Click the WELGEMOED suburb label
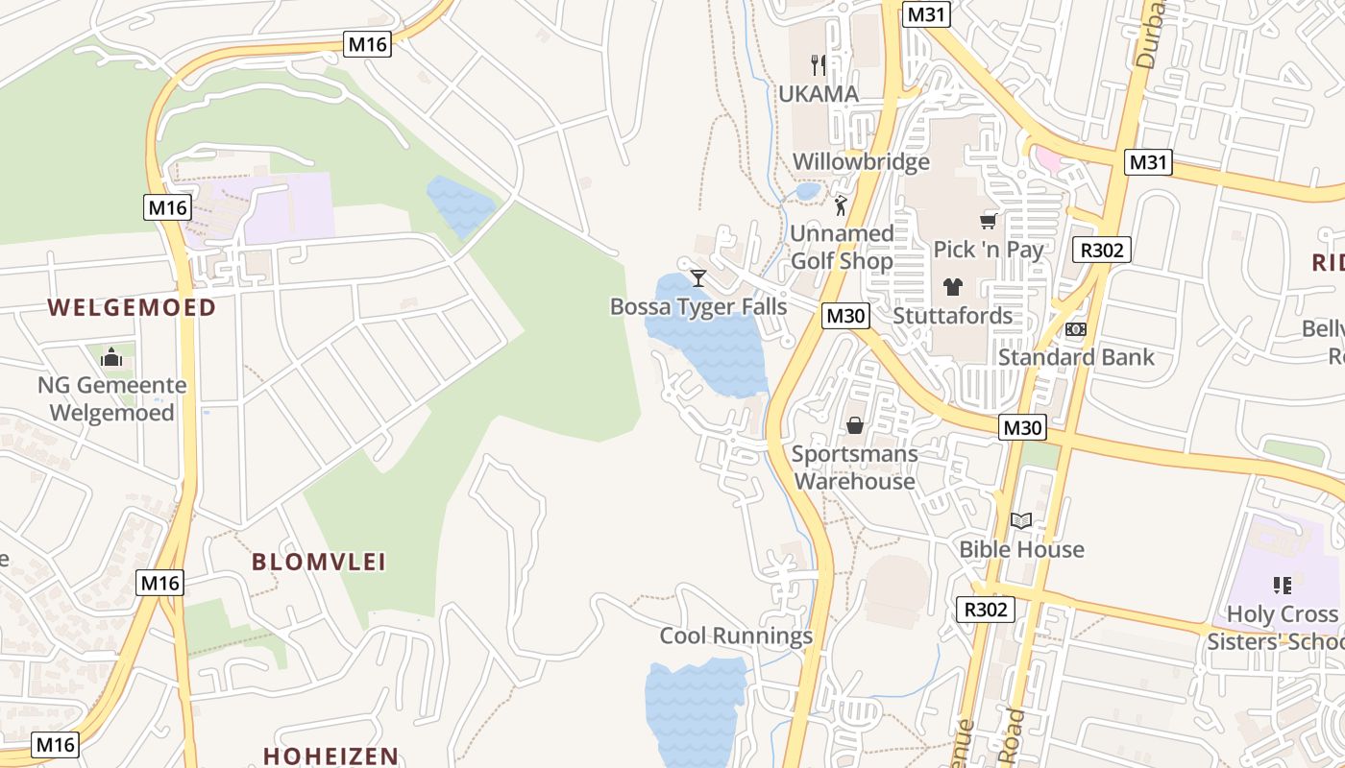(x=132, y=307)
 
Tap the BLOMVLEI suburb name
(x=319, y=562)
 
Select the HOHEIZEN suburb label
(x=330, y=756)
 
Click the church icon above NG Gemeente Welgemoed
(x=111, y=357)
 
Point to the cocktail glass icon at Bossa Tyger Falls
(x=698, y=278)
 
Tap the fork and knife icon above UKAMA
(x=819, y=64)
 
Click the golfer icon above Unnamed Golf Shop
(x=842, y=205)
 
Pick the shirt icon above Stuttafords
(x=952, y=286)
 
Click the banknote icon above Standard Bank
(x=1076, y=328)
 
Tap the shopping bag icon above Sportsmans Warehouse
(x=854, y=424)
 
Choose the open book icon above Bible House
(x=1021, y=520)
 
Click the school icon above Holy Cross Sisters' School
(x=1282, y=585)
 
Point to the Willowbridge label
(x=861, y=161)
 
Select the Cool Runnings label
(x=736, y=636)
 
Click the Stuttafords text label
(x=952, y=315)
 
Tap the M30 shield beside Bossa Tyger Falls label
(x=845, y=315)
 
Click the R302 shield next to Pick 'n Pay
(x=1105, y=251)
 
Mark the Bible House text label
(x=1021, y=549)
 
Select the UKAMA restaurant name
(x=819, y=94)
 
